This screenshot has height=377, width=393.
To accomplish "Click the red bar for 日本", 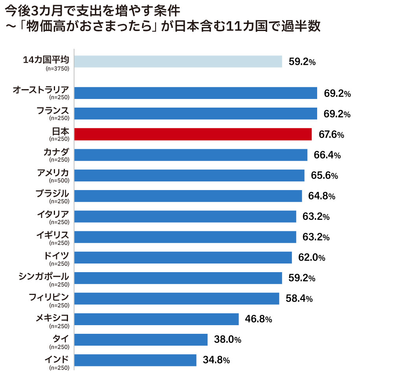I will (193, 134).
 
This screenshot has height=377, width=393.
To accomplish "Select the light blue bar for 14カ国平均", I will (178, 62).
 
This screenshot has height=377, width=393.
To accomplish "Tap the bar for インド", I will (135, 360).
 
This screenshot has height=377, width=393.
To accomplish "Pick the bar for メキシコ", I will (156, 319).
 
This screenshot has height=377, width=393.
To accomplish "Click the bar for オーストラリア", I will (195, 93).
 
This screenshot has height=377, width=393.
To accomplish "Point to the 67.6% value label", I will (331, 135).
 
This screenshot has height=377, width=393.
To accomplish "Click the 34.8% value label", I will (216, 361).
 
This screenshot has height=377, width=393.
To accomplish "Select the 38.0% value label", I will (228, 340).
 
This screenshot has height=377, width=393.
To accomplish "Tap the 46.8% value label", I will (258, 319).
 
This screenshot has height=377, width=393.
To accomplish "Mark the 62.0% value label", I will (312, 258).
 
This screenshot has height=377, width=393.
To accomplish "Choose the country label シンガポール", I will (44, 276).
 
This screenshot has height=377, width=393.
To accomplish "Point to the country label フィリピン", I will (49, 296).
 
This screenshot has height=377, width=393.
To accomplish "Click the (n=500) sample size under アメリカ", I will (59, 181).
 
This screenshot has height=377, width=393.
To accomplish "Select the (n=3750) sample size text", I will (57, 69).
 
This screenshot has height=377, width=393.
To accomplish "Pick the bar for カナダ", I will (191, 155).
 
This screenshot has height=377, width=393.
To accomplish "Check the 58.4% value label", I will (299, 299).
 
